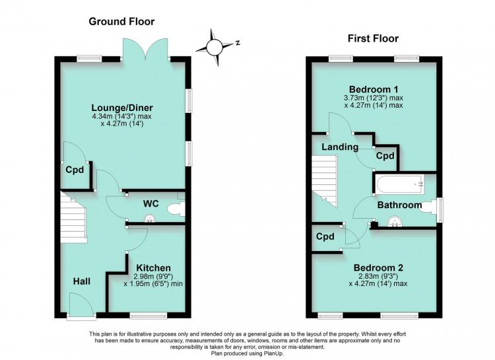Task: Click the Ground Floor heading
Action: [121, 22]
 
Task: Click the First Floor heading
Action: [373, 38]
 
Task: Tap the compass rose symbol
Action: [216, 48]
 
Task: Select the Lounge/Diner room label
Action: [122, 108]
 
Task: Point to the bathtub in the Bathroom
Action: [400, 184]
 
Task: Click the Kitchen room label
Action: [153, 268]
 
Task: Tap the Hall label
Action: [82, 281]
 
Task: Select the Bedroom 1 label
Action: [374, 89]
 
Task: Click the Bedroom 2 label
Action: [378, 268]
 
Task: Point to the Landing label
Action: [340, 147]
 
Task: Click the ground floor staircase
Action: [73, 217]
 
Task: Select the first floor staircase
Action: [325, 181]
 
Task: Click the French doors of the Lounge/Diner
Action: [145, 50]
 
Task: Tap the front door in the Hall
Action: [81, 306]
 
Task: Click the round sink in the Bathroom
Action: [394, 221]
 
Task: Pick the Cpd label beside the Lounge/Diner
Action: [75, 170]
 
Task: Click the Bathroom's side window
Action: [440, 209]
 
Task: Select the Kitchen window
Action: [148, 315]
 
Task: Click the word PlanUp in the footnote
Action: [273, 353]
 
